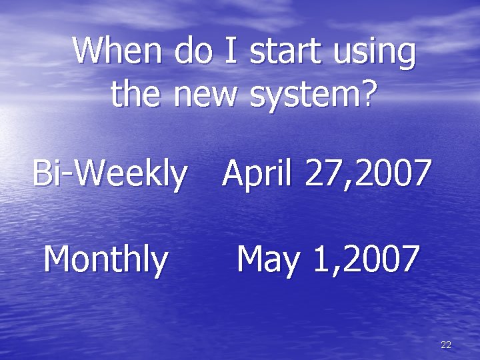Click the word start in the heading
(x=285, y=51)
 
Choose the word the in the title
(x=137, y=94)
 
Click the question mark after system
(x=366, y=94)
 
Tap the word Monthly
(x=105, y=260)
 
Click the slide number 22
(x=446, y=345)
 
